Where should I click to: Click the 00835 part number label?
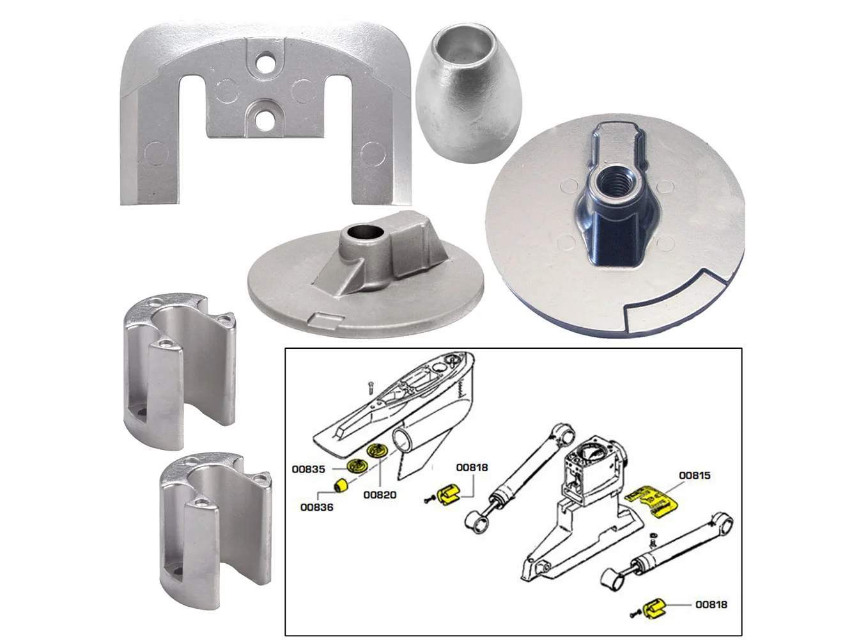point(308,469)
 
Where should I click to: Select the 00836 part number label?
point(316,508)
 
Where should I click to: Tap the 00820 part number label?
point(380,495)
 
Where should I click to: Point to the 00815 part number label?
point(694,476)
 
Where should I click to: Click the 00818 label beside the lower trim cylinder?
point(711,604)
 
